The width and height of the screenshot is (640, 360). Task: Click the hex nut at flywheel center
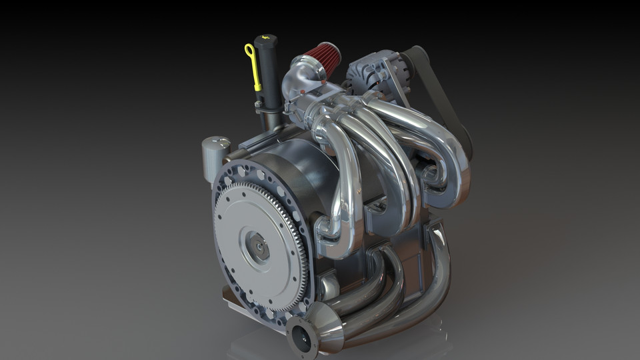tap(256, 245)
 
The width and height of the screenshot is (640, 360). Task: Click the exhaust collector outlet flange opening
tap(301, 337)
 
